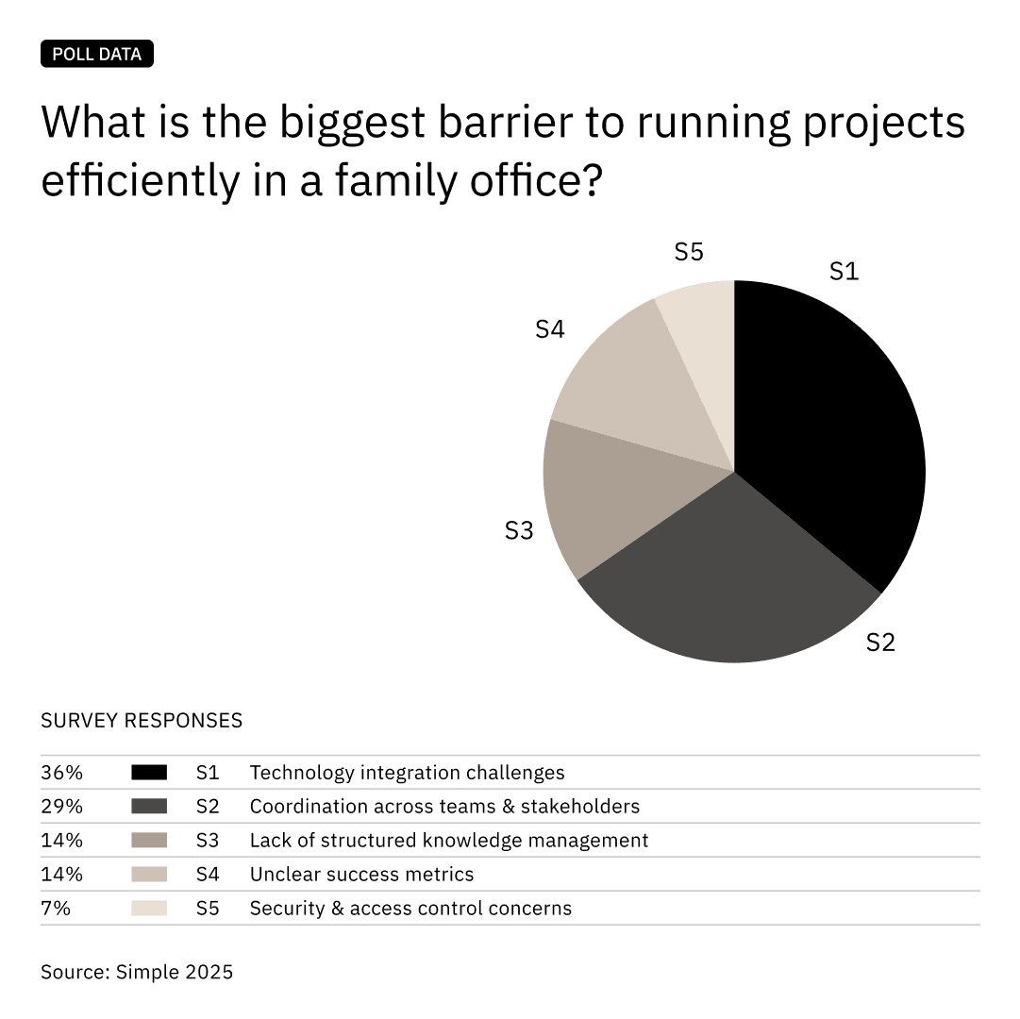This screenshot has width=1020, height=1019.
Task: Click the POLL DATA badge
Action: [x=97, y=54]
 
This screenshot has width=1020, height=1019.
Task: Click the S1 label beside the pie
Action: [x=844, y=272]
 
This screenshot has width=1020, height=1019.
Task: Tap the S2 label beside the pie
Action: [x=879, y=643]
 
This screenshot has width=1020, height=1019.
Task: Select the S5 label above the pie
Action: [x=689, y=252]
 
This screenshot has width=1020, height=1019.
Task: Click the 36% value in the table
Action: [x=62, y=773]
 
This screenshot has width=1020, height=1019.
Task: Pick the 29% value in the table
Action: [x=62, y=807]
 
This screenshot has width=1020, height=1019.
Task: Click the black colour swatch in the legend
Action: [x=149, y=773]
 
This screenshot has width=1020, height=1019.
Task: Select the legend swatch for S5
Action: [x=149, y=909]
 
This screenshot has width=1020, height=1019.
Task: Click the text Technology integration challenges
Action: [x=407, y=773]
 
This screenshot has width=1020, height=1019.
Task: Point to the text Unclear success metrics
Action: [x=361, y=875]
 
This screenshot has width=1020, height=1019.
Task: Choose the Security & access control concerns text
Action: [x=410, y=909]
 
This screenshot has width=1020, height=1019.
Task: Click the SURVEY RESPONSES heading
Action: [x=142, y=721]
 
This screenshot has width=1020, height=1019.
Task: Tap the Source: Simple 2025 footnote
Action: [x=137, y=972]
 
